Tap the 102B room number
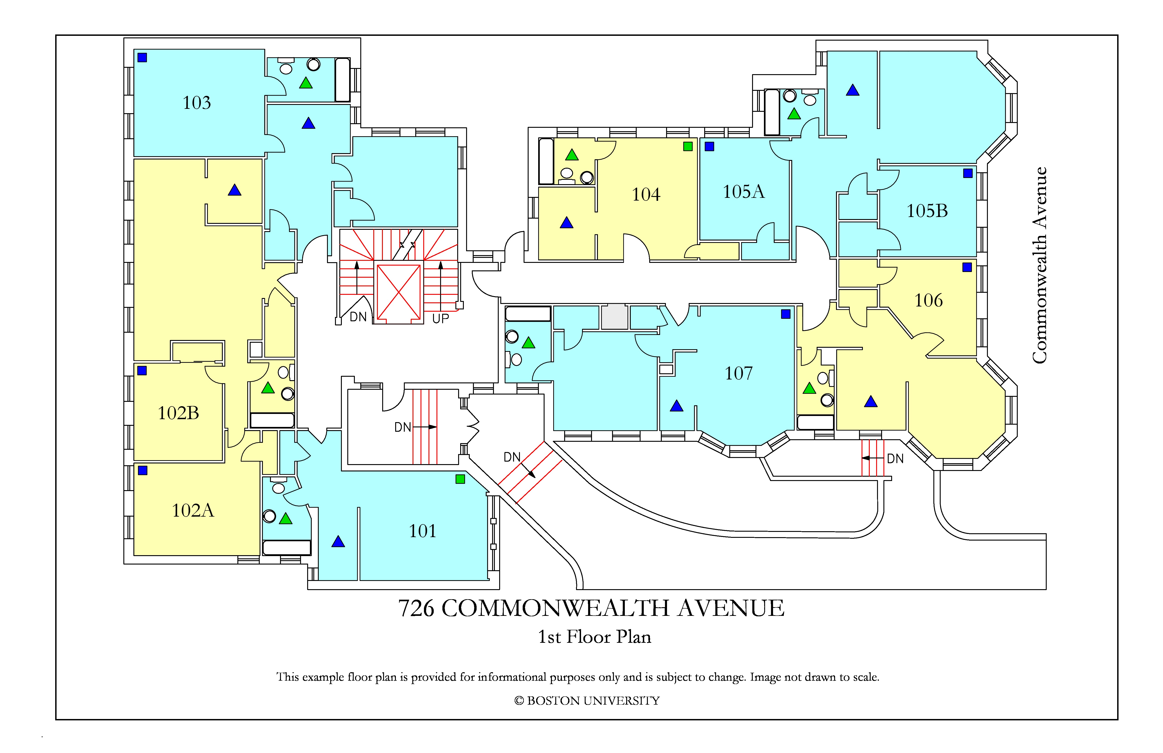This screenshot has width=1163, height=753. pyautogui.click(x=178, y=413)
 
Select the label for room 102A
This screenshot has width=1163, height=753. pyautogui.click(x=193, y=510)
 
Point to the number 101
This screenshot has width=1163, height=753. pyautogui.click(x=422, y=531)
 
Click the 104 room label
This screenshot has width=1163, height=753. pyautogui.click(x=646, y=195)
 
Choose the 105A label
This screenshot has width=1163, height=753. pyautogui.click(x=744, y=192)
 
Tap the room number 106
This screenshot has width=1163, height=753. pyautogui.click(x=928, y=300)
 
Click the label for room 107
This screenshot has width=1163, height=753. pyautogui.click(x=739, y=374)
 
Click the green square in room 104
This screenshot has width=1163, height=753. pyautogui.click(x=688, y=146)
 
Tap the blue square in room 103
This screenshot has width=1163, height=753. pyautogui.click(x=142, y=58)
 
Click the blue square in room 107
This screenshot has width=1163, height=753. pyautogui.click(x=786, y=314)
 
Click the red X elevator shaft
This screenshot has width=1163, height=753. pyautogui.click(x=399, y=292)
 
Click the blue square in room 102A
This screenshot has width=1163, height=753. pyautogui.click(x=143, y=470)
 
